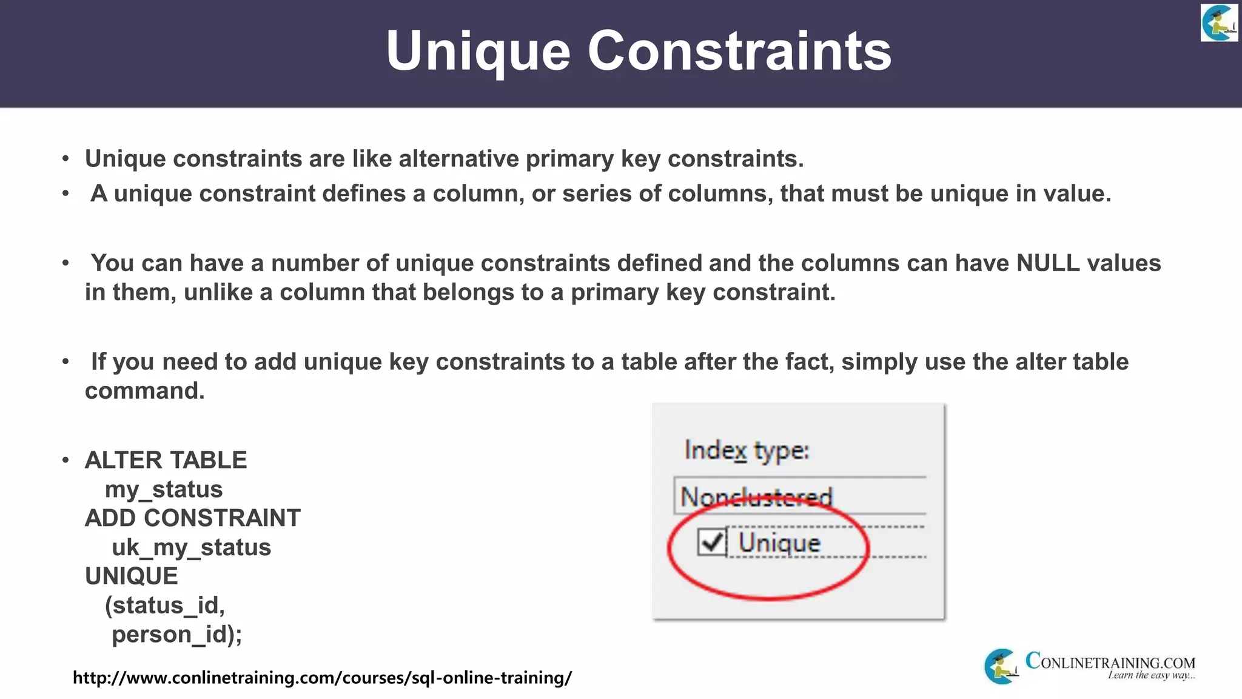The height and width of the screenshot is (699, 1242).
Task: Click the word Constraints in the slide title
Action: [739, 51]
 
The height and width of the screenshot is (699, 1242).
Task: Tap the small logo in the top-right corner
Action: [1219, 23]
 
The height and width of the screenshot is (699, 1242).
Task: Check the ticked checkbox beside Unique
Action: [711, 542]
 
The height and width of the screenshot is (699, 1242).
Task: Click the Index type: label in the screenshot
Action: [747, 451]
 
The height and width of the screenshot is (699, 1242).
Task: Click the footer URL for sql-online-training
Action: [322, 677]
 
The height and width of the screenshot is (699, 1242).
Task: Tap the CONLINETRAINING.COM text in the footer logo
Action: [1110, 661]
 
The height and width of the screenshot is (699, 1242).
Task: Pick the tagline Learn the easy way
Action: [1151, 675]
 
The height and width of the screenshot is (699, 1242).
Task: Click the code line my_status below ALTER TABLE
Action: [164, 489]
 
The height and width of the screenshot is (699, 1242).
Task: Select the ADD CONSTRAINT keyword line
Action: [193, 518]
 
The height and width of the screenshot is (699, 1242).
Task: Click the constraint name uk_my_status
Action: [191, 547]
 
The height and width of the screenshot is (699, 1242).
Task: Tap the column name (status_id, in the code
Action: [165, 606]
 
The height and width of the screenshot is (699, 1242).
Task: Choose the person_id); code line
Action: [176, 635]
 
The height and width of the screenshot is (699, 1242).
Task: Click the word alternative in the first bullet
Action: [459, 159]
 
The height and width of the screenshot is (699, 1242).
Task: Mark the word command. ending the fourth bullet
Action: [145, 391]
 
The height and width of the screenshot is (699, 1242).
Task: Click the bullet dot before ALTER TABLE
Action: [65, 461]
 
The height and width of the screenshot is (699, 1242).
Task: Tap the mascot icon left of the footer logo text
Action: [1001, 666]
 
